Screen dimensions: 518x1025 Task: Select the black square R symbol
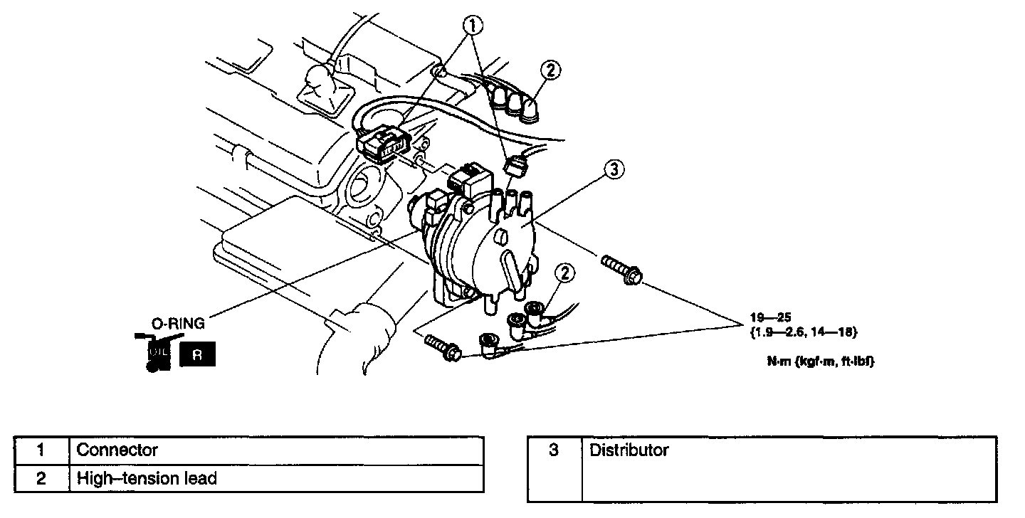(197, 354)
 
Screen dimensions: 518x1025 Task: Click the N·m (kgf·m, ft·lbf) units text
(819, 361)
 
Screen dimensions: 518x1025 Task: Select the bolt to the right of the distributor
(621, 271)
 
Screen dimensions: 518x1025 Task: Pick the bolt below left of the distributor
(442, 347)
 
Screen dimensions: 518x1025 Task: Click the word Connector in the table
(117, 450)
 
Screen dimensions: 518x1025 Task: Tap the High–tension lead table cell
(147, 478)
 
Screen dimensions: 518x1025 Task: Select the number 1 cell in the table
(41, 450)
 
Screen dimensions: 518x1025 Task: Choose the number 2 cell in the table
(41, 478)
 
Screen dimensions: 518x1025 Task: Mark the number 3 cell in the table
(554, 450)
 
